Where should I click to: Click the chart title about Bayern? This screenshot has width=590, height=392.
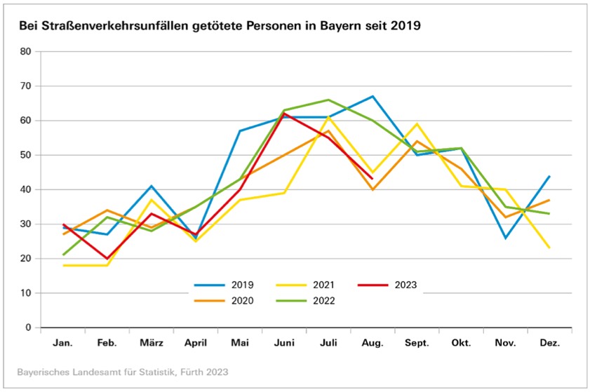coord(219,27)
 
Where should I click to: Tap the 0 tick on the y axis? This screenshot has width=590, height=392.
coord(29,327)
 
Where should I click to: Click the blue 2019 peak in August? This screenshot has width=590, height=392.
coord(373,96)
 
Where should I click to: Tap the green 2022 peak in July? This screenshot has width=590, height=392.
coord(328,100)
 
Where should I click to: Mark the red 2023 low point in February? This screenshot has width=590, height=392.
coord(107,259)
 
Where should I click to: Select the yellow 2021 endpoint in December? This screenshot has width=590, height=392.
coord(549,248)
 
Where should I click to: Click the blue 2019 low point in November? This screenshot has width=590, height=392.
coord(505,238)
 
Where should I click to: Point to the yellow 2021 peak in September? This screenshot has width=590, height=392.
coord(417,124)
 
